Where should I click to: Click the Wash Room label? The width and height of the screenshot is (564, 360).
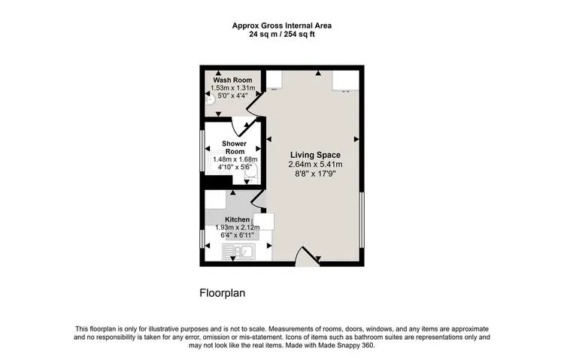(232, 80)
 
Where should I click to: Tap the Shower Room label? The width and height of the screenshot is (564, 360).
(235, 147)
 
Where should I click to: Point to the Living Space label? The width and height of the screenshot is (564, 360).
(316, 155)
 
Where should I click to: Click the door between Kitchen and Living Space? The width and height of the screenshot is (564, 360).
(257, 199)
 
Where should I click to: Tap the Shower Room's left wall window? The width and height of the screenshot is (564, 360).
(202, 153)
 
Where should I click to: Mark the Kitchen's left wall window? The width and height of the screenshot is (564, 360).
(202, 239)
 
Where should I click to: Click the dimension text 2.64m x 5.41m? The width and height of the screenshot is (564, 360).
(316, 165)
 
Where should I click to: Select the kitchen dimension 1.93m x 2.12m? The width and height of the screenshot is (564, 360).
(235, 227)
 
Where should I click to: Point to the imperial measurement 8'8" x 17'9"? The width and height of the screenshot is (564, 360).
(316, 174)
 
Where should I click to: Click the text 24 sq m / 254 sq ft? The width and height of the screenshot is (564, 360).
(281, 35)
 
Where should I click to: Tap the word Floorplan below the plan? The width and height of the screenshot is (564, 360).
(223, 292)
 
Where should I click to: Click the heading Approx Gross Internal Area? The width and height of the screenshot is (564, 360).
(281, 26)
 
